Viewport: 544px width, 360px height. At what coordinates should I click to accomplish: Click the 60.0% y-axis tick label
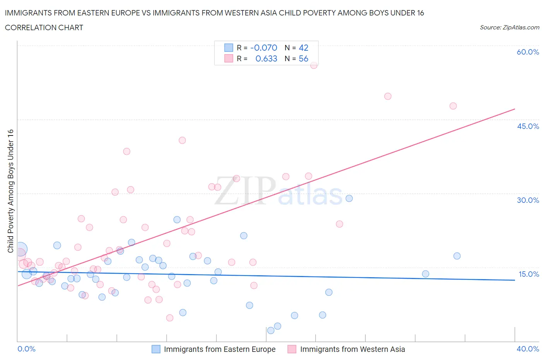point(528,52)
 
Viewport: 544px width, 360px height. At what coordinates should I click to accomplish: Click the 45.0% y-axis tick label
point(528,126)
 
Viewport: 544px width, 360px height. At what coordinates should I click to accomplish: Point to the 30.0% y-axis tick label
point(528,200)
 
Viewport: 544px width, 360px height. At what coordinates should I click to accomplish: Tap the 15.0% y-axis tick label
point(529,274)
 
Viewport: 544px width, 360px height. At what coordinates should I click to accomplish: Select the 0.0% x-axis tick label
point(26,349)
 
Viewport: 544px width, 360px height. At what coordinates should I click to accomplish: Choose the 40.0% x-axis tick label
point(528,349)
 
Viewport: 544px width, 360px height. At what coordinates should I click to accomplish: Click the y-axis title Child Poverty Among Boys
point(10,191)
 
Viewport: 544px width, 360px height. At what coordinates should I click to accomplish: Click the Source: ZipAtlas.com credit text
point(509,27)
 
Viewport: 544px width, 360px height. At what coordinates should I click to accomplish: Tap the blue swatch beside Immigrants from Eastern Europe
point(156,349)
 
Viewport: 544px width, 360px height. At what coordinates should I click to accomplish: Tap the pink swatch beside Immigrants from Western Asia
point(292,349)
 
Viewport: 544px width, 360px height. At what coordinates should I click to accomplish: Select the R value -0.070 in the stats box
point(263,48)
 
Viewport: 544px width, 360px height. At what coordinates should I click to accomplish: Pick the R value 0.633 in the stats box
point(266,58)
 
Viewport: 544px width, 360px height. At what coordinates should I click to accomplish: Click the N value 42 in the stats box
point(303,48)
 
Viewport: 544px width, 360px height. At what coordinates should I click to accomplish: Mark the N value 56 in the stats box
point(303,58)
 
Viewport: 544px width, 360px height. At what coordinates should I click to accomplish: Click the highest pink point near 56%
point(314,65)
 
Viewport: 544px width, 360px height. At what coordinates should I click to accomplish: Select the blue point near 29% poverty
point(349,198)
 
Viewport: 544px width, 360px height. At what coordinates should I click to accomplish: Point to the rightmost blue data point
point(457,256)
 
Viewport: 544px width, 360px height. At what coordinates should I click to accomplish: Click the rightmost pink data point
point(453,106)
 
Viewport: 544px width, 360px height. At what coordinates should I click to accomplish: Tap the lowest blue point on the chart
point(271,330)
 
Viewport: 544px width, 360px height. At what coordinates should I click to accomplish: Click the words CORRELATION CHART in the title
point(44,27)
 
